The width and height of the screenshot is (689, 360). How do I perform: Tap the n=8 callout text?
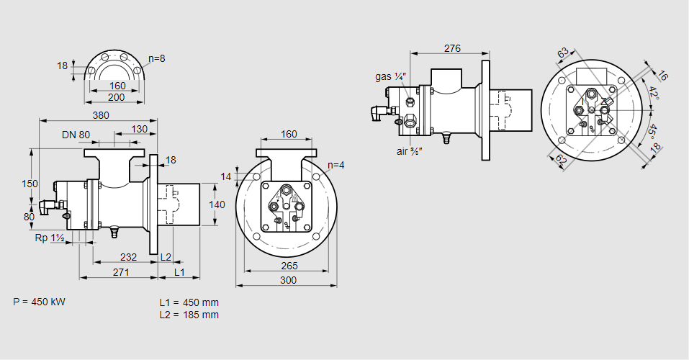coord(157,58)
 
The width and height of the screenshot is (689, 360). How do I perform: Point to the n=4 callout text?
coord(335,165)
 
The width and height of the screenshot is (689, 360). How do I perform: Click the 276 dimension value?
coord(451,49)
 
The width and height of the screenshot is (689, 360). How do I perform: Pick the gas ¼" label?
coord(391,76)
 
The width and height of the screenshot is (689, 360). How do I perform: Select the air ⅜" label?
coord(409,151)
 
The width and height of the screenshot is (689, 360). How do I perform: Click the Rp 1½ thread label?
coord(50,238)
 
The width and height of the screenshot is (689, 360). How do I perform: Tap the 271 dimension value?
coord(121,272)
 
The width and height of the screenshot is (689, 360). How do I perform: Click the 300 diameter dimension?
coord(288,280)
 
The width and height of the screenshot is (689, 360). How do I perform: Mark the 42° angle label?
coord(653,94)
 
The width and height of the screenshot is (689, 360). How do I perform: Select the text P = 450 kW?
coord(39,302)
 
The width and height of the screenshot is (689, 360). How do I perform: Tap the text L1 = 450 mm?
coord(189,302)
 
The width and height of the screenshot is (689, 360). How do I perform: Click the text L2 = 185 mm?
coord(189,315)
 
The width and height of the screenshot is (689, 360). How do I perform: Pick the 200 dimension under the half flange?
coord(117,97)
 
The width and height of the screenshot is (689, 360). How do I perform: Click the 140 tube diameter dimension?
coord(216,205)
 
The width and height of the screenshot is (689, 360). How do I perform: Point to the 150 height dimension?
coord(29,184)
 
